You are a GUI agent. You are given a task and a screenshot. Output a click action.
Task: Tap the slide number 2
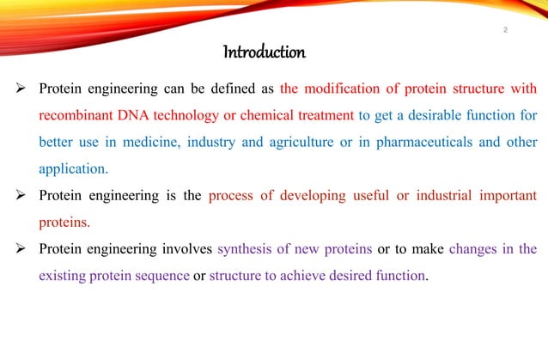(x=506, y=32)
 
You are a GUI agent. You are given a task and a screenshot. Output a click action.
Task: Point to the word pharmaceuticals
(x=435, y=142)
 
